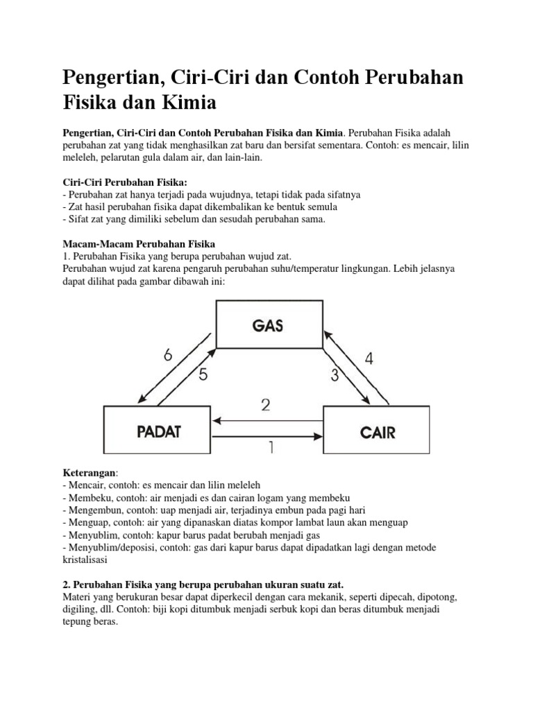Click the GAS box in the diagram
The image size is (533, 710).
[x=269, y=324]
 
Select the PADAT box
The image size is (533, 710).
[x=158, y=432]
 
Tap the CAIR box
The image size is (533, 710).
[x=378, y=432]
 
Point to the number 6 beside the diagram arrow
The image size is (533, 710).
[x=168, y=356]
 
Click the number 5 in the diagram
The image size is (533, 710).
[x=203, y=375]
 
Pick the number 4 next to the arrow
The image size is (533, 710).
[x=369, y=358]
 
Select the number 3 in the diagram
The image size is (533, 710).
[x=335, y=376]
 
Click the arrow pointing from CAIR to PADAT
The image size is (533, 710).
[x=269, y=419]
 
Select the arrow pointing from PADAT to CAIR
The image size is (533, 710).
[x=269, y=436]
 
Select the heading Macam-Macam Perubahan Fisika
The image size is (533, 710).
[x=139, y=243]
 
